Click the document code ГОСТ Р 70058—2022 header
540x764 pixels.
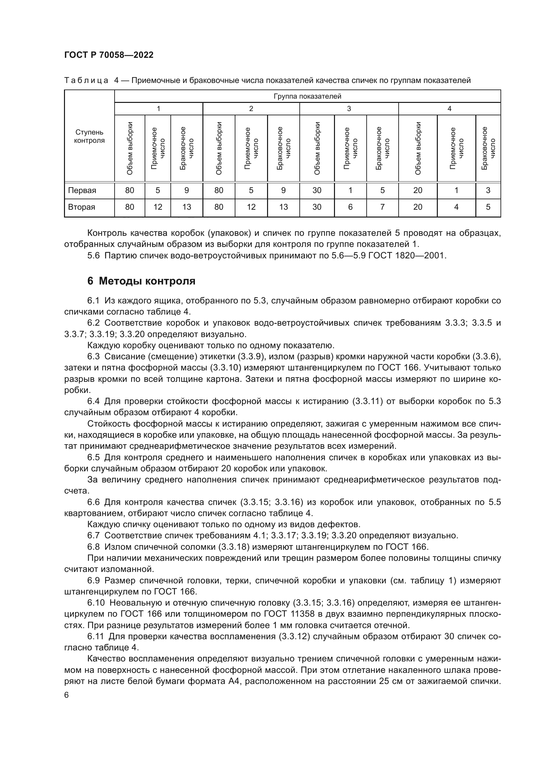[109, 55]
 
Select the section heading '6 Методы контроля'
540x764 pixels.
[141, 281]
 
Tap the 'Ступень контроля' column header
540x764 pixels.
[89, 137]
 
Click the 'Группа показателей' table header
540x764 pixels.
[307, 96]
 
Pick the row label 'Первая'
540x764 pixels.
[82, 190]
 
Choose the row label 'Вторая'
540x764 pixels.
[82, 207]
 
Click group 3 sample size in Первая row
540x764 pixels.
[317, 190]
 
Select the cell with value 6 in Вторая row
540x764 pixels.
[350, 207]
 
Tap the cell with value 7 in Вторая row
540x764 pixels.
[382, 207]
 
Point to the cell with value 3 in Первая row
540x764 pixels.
[488, 190]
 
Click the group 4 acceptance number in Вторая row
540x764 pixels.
[456, 207]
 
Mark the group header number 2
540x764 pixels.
[251, 109]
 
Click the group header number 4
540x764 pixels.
[449, 109]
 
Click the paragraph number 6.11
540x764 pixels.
[96, 637]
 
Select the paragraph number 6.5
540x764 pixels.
[93, 458]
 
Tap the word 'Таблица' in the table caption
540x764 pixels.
[86, 81]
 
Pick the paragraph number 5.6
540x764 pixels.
[93, 256]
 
